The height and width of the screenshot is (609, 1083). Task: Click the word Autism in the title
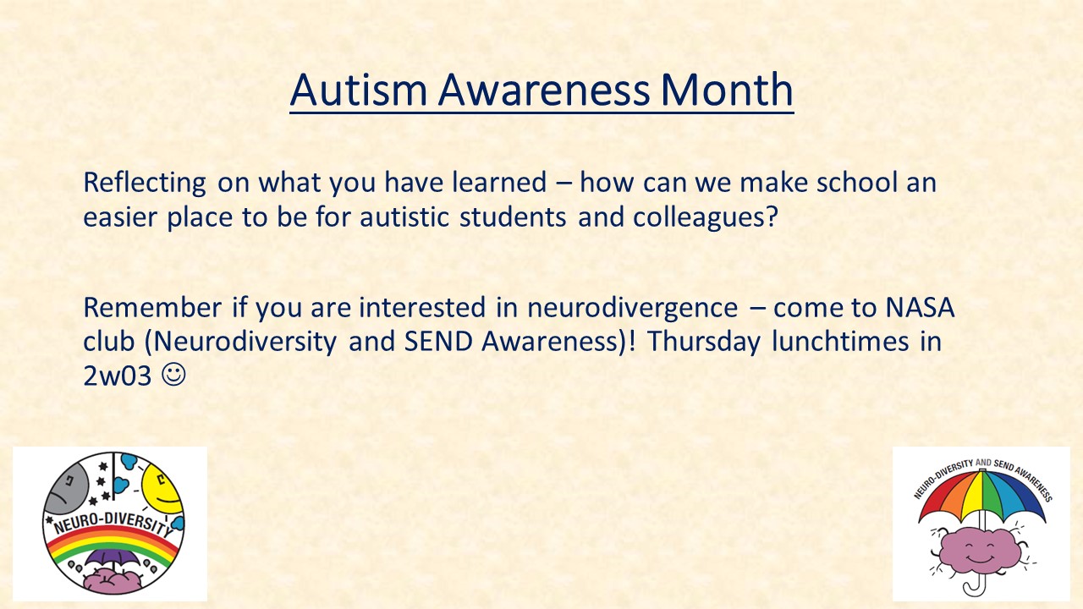pos(359,90)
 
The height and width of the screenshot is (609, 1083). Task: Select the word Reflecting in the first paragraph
pos(145,184)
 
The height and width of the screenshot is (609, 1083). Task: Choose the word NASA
pos(920,307)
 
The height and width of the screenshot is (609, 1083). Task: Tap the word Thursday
pos(703,343)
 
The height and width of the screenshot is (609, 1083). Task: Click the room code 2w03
pos(118,376)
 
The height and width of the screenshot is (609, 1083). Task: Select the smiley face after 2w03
pos(173,375)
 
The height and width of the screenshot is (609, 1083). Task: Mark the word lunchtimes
pos(840,341)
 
